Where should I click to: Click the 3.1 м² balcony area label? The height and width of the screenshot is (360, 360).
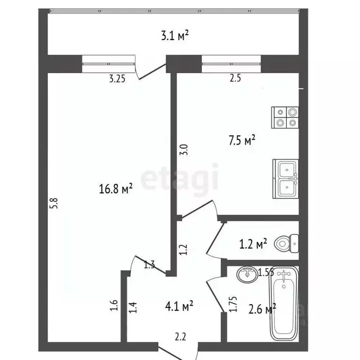point(175,35)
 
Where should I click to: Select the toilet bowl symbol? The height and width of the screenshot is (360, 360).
point(286,242)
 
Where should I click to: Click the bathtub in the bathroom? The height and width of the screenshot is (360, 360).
point(285,305)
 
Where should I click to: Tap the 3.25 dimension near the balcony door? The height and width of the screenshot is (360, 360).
point(117,79)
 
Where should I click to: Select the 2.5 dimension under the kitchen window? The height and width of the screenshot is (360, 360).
point(235,79)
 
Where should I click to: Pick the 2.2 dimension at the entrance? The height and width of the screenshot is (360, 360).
point(180,337)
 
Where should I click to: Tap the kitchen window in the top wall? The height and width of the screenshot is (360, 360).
point(231,64)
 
